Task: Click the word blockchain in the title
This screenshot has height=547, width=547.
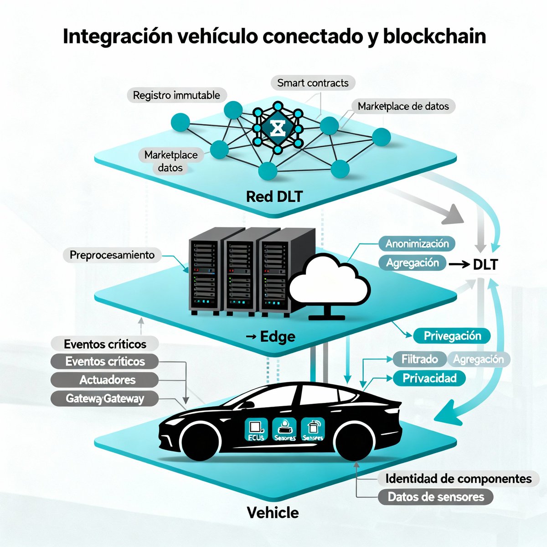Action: (434, 36)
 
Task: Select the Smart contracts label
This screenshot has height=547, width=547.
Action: (313, 83)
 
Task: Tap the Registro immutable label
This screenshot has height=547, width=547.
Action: (176, 95)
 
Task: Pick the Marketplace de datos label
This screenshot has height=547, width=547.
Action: (403, 106)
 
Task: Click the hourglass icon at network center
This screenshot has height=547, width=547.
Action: (277, 129)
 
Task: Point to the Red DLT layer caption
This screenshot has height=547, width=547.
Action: (274, 196)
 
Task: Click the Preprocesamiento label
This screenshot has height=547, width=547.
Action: (112, 255)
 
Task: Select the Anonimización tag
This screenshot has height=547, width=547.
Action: (417, 243)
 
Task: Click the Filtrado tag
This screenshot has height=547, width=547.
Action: (419, 359)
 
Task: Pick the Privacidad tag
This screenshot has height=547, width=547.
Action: (429, 378)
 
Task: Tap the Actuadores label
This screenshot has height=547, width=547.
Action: (107, 380)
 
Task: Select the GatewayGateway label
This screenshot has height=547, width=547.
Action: (104, 398)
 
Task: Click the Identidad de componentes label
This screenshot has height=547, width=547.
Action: (458, 479)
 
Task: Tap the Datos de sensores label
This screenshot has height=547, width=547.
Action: (435, 497)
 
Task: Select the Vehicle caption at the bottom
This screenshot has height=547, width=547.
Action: (273, 513)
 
